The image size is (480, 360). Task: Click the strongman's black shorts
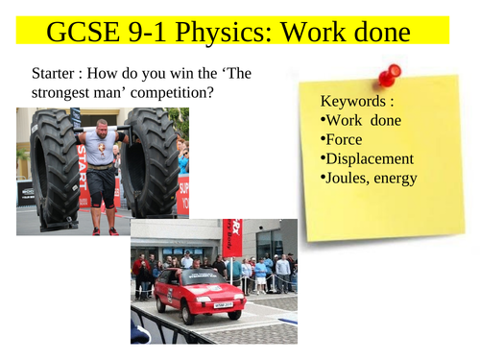point(102,191)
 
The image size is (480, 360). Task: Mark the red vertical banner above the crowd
point(231,238)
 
